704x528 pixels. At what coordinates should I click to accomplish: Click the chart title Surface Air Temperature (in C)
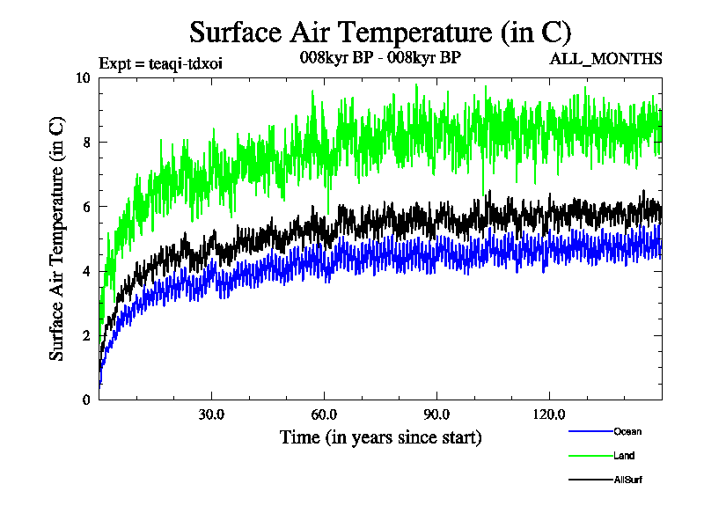click(380, 32)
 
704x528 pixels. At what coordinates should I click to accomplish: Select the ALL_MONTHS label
click(605, 59)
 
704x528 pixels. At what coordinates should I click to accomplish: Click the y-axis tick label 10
click(83, 77)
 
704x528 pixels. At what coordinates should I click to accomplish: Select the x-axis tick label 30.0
click(211, 414)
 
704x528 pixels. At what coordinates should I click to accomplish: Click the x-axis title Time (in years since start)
click(380, 437)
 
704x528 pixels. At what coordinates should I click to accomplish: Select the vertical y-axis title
click(56, 238)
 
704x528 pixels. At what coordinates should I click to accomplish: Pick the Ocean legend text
click(627, 431)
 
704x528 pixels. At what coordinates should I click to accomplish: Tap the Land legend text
click(624, 456)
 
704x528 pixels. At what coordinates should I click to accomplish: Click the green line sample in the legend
click(590, 456)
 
